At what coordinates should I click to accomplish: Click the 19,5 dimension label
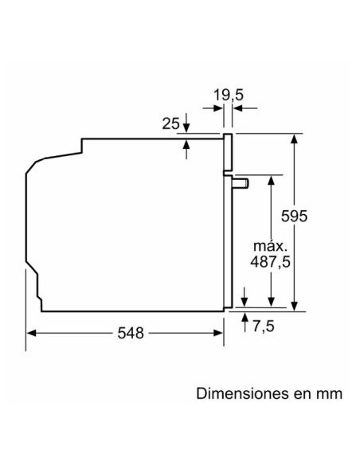(228, 96)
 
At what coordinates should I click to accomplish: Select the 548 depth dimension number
(127, 334)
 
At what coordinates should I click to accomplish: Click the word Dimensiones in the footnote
(241, 394)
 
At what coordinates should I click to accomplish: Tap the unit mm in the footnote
(329, 394)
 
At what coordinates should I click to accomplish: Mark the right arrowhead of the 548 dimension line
(219, 334)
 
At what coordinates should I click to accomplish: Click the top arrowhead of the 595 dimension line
(295, 139)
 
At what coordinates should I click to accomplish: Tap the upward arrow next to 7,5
(244, 318)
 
